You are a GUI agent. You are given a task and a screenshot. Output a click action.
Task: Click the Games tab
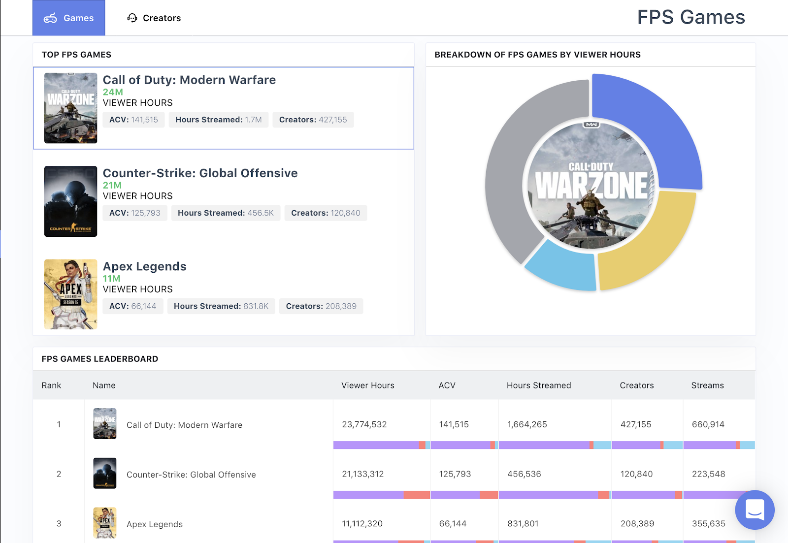[69, 18]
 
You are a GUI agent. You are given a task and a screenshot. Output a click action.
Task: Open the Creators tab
[154, 18]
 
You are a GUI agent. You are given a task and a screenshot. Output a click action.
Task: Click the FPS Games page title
[690, 18]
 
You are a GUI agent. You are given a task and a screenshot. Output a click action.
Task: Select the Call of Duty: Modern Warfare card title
[189, 80]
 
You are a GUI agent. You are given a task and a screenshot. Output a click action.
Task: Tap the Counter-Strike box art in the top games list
[70, 201]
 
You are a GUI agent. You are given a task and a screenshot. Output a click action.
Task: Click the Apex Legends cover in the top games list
[70, 294]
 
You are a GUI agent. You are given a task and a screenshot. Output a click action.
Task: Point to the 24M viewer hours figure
[113, 92]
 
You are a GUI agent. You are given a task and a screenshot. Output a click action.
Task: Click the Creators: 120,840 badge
[326, 213]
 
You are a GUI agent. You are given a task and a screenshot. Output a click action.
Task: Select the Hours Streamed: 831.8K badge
[221, 306]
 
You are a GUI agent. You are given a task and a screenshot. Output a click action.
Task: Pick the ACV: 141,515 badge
[133, 120]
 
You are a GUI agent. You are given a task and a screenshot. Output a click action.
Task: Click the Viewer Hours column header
[368, 385]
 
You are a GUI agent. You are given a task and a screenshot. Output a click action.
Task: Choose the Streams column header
[707, 385]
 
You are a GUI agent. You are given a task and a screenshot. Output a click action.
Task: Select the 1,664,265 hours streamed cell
[527, 424]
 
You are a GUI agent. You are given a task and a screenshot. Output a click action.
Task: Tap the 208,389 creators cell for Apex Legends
[637, 524]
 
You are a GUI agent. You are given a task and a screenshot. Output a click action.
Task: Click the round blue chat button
[755, 510]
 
